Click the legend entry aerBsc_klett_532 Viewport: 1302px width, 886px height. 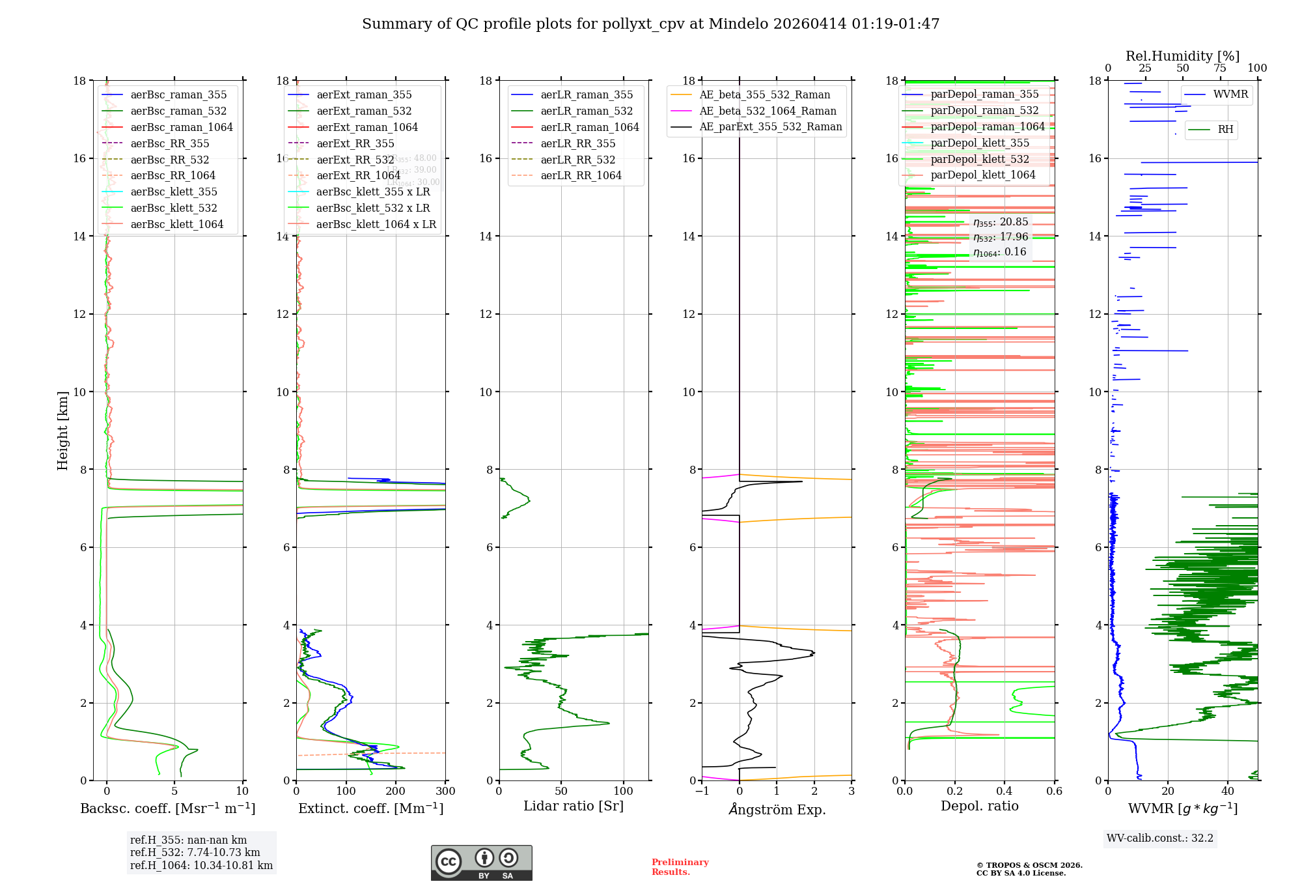click(x=173, y=208)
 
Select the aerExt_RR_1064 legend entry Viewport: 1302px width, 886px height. click(x=358, y=175)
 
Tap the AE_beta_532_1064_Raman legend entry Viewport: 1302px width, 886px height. click(x=768, y=111)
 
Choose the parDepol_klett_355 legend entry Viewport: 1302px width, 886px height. click(x=980, y=143)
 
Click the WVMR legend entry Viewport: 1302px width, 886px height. click(x=1230, y=94)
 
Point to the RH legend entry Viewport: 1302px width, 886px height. click(x=1225, y=129)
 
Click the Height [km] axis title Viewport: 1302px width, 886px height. click(x=62, y=430)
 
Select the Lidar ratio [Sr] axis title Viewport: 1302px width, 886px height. click(x=574, y=806)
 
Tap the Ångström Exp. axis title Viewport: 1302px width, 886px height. click(x=777, y=809)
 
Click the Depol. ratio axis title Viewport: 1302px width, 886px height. click(x=979, y=806)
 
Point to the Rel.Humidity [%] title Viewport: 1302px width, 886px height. click(x=1182, y=56)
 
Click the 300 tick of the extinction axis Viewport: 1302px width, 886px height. click(x=445, y=791)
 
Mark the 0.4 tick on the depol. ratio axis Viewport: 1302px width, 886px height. click(x=1004, y=791)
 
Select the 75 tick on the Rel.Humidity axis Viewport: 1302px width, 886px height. click(x=1220, y=68)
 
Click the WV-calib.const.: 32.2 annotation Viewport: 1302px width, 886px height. click(x=1159, y=838)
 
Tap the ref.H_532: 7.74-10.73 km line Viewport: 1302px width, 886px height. click(x=195, y=852)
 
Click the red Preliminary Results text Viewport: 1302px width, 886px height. click(x=680, y=867)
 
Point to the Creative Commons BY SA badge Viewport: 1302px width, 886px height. click(x=481, y=863)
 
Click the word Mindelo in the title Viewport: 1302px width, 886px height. click(x=738, y=24)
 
